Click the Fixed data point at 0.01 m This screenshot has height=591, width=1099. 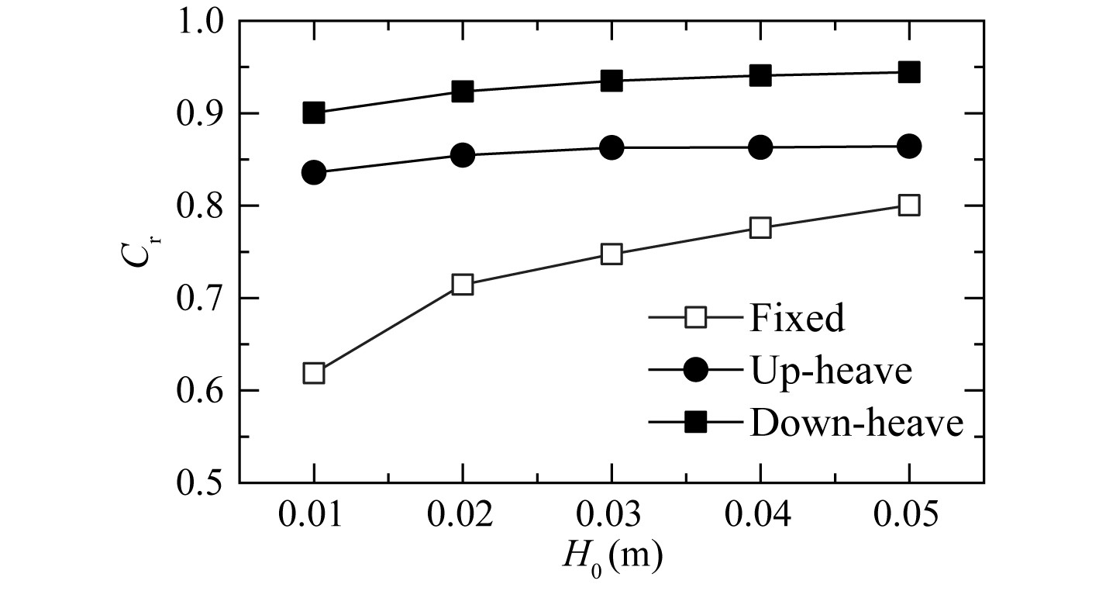pos(314,374)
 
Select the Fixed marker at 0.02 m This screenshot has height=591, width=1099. pos(463,285)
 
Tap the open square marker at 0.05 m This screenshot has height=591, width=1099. pos(909,206)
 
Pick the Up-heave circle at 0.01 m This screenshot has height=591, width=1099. pos(314,172)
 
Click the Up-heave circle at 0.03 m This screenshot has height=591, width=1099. pos(612,147)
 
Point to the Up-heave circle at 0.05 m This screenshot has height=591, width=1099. pos(909,146)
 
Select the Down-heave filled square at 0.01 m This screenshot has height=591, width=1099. pos(314,112)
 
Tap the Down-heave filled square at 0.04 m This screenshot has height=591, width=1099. pos(760,75)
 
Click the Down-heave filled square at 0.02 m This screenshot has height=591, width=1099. pos(463,92)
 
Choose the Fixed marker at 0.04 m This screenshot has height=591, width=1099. pos(760,228)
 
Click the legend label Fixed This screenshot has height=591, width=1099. pos(796,318)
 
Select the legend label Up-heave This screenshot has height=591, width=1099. pos(829,371)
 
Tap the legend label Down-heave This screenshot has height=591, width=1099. pos(856,423)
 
